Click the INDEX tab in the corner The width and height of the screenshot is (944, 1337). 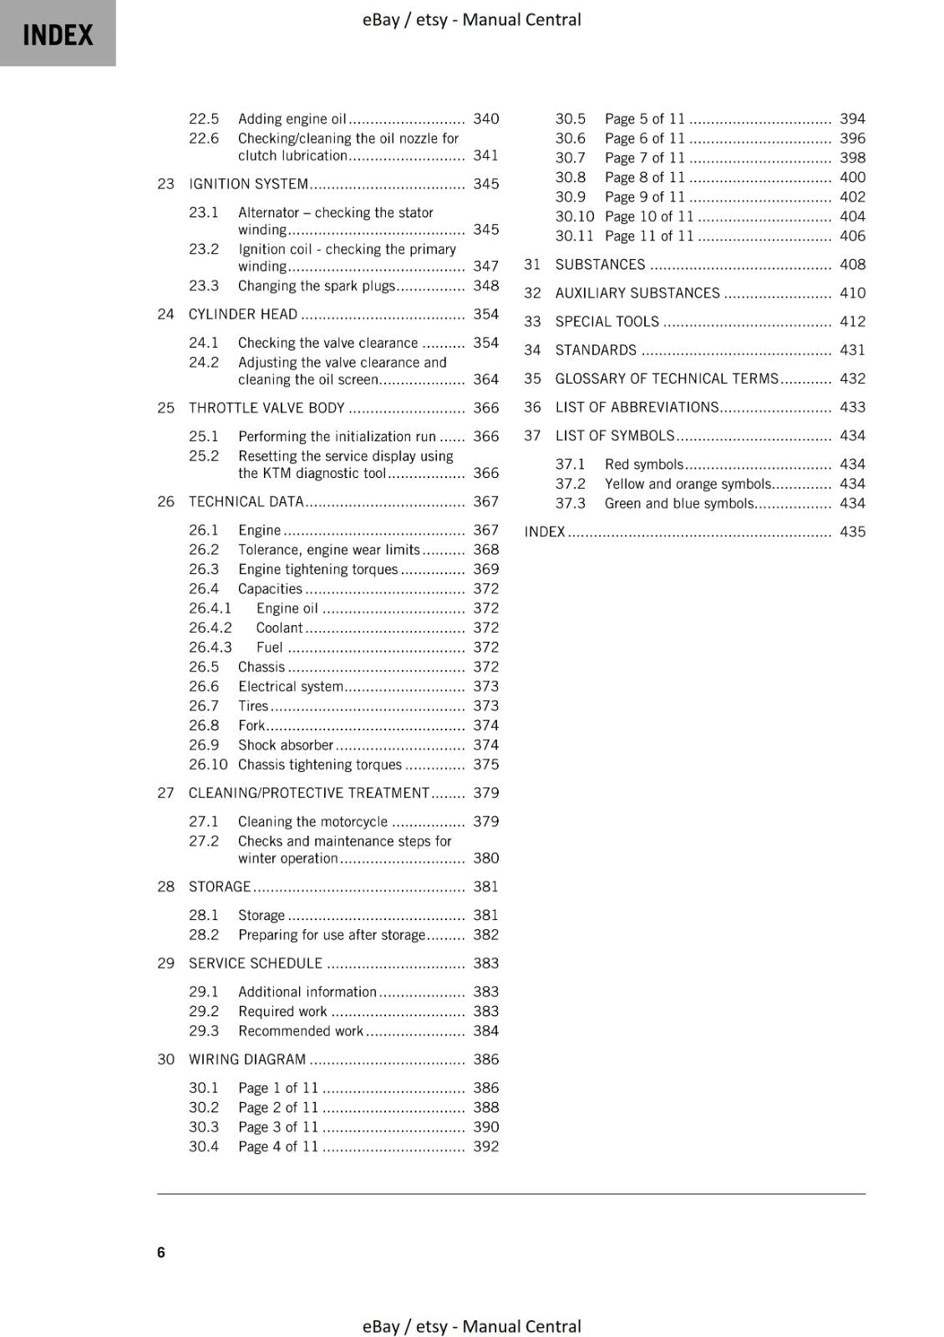58,33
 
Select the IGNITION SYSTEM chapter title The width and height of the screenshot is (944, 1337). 248,184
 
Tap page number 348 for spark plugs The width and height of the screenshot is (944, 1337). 485,286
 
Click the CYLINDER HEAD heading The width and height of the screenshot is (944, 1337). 242,314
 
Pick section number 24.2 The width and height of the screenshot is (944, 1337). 203,363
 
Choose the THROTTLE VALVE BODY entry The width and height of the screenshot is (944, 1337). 266,408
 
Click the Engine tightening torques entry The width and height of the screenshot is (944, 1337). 317,569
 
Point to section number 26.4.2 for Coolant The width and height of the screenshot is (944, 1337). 210,628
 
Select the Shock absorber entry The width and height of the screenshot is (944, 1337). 285,745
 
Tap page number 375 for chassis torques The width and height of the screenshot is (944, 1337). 485,765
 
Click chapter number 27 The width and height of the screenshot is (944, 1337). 165,793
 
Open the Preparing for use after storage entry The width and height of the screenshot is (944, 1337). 332,935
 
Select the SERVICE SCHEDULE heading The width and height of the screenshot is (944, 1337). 255,963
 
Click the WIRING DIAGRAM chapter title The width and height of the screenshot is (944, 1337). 247,1060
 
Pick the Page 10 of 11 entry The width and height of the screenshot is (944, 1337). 649,216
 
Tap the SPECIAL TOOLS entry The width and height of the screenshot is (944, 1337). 606,322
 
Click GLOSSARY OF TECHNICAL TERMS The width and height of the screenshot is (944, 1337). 666,379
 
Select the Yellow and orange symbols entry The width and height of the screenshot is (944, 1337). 688,484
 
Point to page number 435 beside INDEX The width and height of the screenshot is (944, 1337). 852,531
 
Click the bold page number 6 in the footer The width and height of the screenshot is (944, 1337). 161,1252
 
